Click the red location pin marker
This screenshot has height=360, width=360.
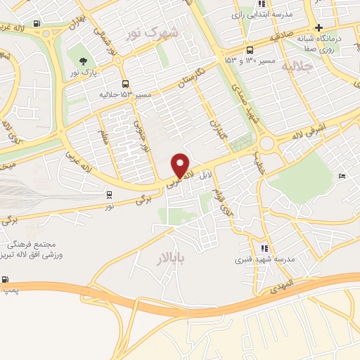coord(181,165)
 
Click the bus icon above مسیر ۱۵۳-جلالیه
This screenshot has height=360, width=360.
coord(124,83)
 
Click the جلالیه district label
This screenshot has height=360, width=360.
coord(295,65)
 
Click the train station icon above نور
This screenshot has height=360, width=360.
coord(109,194)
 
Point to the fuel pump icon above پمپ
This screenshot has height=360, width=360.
coord(6,279)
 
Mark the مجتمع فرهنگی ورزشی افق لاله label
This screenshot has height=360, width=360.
coord(34,249)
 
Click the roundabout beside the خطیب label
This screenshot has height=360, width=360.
coord(266,145)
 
